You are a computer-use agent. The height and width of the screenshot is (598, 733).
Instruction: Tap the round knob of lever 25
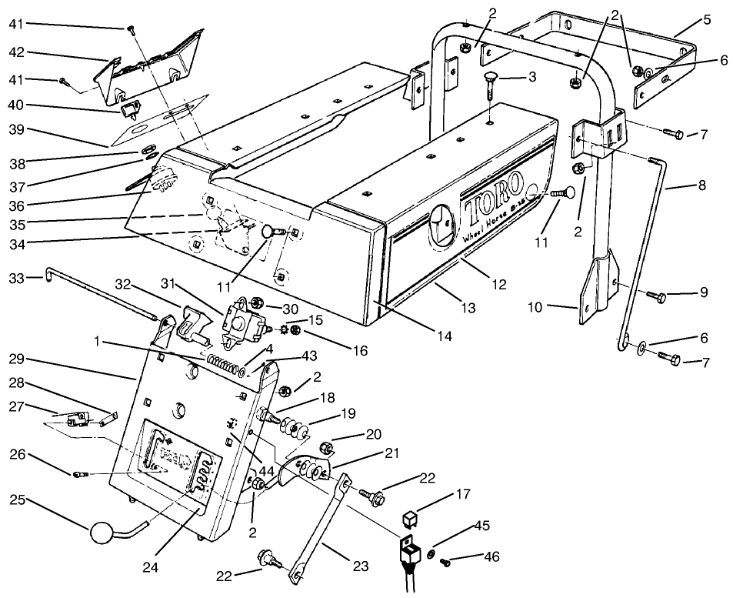(101, 533)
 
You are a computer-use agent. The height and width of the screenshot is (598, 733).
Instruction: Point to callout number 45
(482, 526)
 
